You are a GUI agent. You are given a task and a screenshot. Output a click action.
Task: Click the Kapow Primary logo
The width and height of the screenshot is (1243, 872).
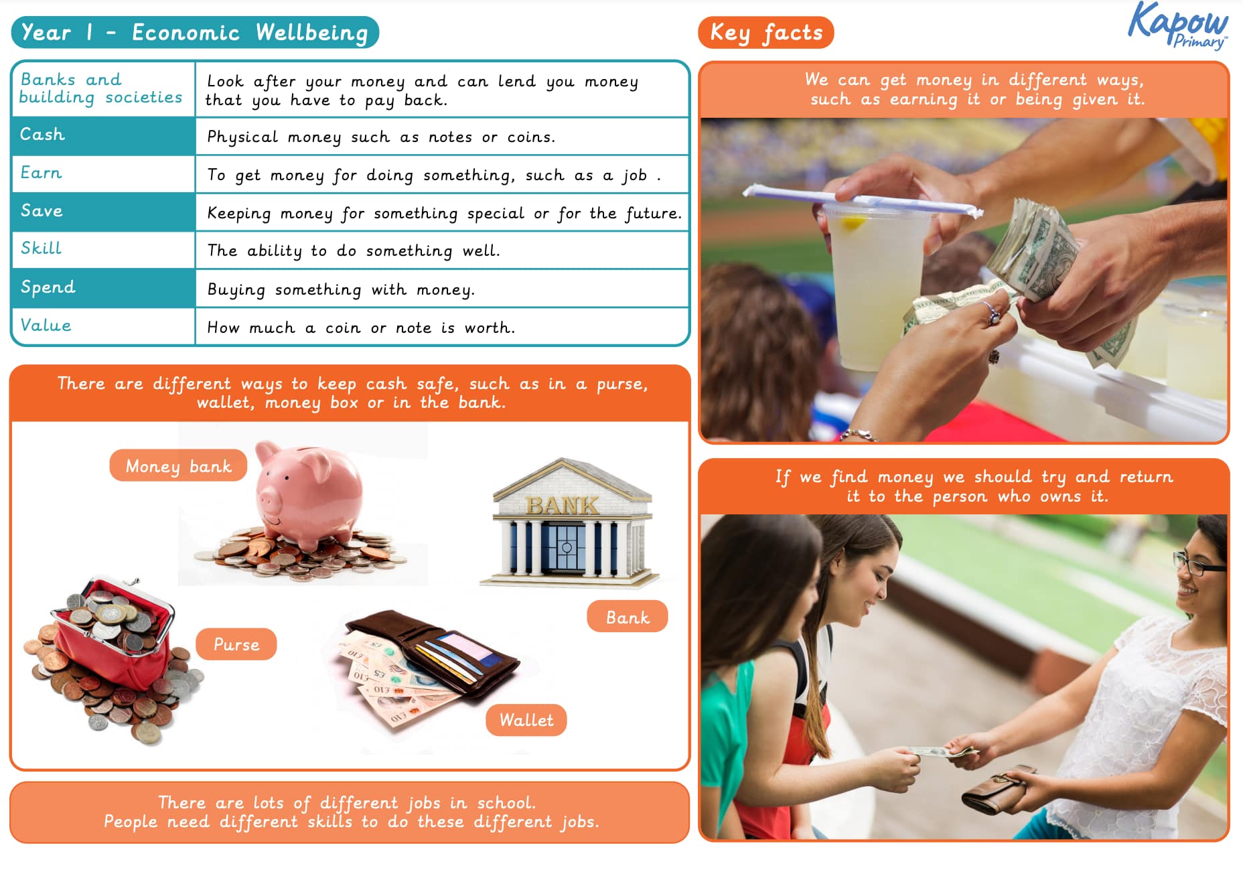tap(1178, 25)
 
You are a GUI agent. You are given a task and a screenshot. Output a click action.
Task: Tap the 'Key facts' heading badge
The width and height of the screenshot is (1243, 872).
tap(765, 33)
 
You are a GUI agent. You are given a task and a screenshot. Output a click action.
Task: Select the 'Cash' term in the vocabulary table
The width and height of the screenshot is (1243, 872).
tap(42, 135)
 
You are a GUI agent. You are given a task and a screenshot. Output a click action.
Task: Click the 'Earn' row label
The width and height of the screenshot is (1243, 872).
tap(41, 173)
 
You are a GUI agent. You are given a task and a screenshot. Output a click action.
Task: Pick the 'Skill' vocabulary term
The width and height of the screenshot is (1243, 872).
tap(41, 248)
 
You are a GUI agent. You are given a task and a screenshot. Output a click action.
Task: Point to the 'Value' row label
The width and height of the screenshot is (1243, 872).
tap(46, 325)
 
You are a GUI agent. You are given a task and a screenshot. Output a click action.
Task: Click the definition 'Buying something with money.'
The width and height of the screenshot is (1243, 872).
tap(341, 289)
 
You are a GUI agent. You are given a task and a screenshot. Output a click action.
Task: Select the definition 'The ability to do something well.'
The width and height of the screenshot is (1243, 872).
tap(354, 251)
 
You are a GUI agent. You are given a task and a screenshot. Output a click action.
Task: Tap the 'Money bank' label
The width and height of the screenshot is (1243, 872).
tap(178, 465)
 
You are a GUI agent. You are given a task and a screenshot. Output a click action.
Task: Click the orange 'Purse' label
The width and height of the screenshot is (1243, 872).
tap(236, 644)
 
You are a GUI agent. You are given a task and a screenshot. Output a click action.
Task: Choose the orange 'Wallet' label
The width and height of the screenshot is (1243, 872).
tap(526, 721)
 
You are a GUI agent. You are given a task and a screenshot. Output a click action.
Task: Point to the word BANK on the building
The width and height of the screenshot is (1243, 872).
tap(563, 506)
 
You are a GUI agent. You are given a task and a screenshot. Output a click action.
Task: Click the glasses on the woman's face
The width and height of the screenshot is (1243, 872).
tap(1199, 563)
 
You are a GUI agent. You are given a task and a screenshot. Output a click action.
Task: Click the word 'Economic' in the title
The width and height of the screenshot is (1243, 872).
tap(186, 32)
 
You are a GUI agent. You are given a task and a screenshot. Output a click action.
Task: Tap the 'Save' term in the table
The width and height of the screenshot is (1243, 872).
tap(42, 211)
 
